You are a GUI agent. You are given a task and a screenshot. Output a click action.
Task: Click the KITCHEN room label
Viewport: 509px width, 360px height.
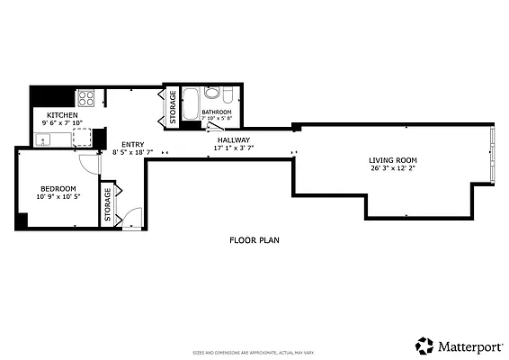63,115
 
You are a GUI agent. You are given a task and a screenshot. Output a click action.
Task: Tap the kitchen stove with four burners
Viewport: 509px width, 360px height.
85,99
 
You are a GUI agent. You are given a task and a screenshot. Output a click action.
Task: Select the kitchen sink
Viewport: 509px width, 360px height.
41,139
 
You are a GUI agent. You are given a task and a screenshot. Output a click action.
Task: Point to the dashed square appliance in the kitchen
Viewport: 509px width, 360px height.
82,137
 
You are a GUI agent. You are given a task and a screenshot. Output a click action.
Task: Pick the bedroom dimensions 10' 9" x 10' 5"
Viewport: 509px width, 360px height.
57,196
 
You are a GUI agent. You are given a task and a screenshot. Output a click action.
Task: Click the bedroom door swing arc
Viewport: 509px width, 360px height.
88,165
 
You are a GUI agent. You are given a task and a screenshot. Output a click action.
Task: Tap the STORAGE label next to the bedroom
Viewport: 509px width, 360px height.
108,204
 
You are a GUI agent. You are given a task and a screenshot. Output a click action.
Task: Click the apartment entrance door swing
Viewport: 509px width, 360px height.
132,217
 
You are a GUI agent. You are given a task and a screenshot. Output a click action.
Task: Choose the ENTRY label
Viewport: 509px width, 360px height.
132,145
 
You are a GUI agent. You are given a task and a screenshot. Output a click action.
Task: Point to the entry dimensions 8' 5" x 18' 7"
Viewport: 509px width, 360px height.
132,153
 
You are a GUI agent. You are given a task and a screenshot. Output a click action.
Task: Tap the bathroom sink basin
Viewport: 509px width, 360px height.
212,92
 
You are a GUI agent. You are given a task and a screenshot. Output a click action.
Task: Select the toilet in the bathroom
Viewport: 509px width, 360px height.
229,94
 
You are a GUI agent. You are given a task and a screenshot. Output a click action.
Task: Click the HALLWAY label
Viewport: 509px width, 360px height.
233,140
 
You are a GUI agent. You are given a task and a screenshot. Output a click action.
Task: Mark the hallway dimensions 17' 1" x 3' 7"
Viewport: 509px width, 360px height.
233,148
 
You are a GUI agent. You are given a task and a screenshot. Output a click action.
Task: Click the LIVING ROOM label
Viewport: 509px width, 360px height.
393,160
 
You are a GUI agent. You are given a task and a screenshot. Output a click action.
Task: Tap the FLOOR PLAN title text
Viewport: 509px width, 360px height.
254,240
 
